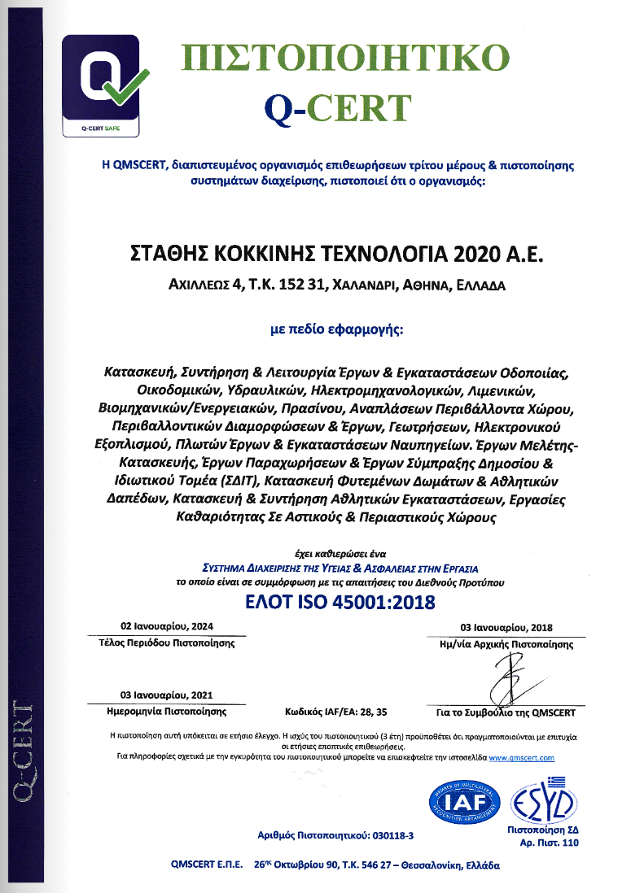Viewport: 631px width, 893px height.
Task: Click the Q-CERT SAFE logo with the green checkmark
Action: [102, 88]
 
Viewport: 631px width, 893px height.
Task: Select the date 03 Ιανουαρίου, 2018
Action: [505, 629]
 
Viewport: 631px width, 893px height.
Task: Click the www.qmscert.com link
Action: [527, 757]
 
